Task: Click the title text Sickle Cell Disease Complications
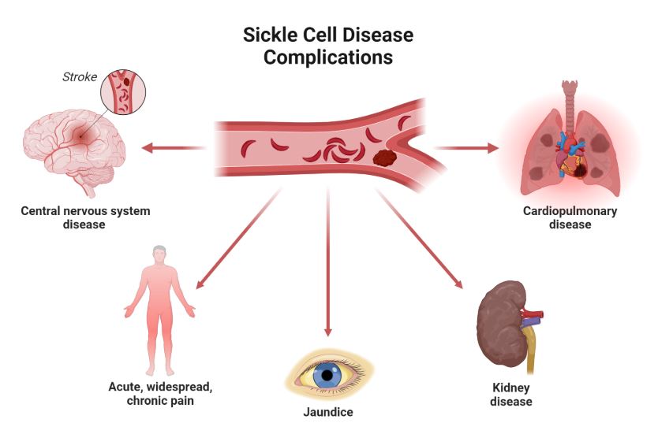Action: tap(327, 46)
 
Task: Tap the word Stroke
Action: tap(80, 77)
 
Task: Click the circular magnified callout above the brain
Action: tap(124, 91)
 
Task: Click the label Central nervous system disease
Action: tap(84, 217)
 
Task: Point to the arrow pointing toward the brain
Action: tap(174, 147)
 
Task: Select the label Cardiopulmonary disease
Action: tap(570, 217)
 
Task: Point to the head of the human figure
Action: tap(160, 254)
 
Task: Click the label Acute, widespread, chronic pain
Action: tap(160, 394)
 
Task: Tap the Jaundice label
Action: tap(327, 412)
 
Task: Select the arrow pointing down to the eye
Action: tap(327, 268)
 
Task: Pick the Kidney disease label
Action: tap(510, 395)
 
